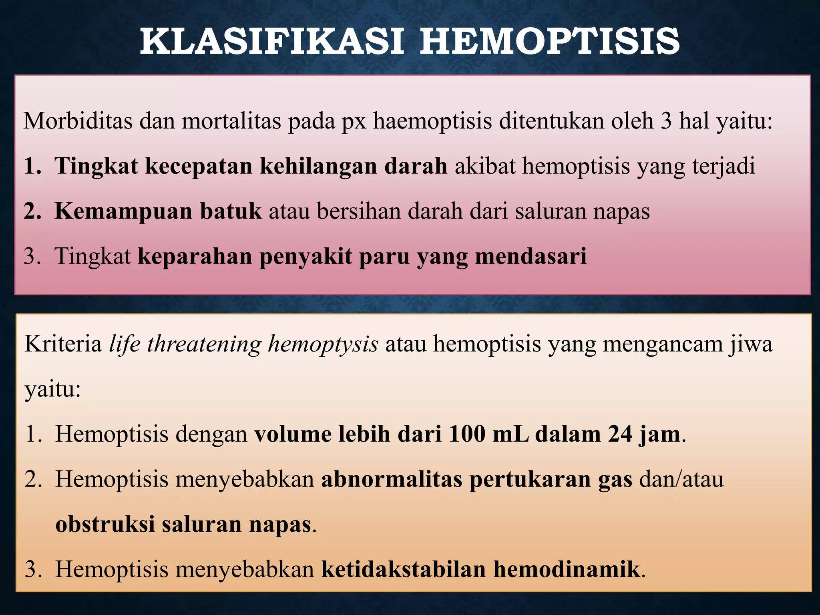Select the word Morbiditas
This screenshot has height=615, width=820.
78,121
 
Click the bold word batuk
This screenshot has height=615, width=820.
231,211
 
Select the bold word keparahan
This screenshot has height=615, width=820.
195,257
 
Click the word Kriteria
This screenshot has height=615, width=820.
63,344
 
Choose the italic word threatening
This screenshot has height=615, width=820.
204,344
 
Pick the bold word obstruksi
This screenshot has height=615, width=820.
105,524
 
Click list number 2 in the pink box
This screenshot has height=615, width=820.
32,211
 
